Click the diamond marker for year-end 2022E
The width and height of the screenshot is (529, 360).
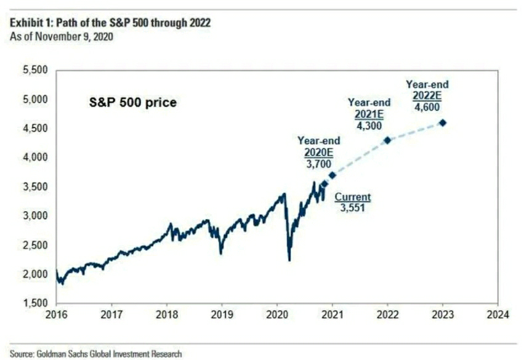coord(442,123)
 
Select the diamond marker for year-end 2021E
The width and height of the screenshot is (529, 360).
coord(387,140)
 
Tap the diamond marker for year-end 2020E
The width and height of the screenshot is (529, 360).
coord(333,175)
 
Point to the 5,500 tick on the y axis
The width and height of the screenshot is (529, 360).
coord(34,71)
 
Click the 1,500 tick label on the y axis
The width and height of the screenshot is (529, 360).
coord(34,303)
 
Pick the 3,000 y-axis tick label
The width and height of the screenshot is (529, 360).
coord(34,216)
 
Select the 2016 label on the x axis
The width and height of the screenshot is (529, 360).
coord(56,315)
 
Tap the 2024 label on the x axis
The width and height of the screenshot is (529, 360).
coord(497,315)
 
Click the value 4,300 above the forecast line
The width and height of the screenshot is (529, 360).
coord(369,125)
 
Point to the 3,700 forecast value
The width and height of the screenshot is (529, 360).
coord(318,164)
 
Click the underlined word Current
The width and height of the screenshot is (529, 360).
coord(353,198)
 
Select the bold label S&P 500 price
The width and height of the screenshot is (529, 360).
coord(130,103)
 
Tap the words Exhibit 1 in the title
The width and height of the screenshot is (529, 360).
coord(30,23)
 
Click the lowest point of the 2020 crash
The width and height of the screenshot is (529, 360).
coord(289,260)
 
